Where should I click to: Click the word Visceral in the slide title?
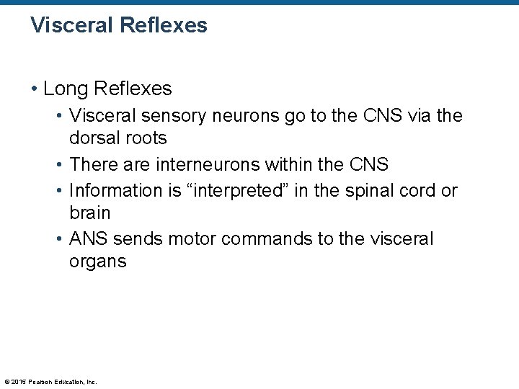coord(67,26)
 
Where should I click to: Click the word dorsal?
coord(94,138)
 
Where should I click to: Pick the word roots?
coord(146,138)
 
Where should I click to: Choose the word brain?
coord(89,214)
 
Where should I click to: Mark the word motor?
coord(192,239)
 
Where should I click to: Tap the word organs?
coord(97,261)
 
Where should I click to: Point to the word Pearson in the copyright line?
coord(41,381)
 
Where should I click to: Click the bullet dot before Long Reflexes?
coord(35,89)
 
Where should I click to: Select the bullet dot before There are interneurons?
coord(59,165)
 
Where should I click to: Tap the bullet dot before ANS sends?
coord(59,239)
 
